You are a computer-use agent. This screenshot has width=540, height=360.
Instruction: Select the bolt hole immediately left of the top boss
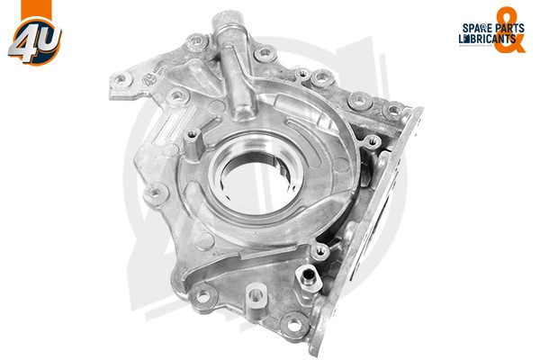[193, 40]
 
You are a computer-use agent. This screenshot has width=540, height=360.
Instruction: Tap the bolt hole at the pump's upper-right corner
[391, 111]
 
